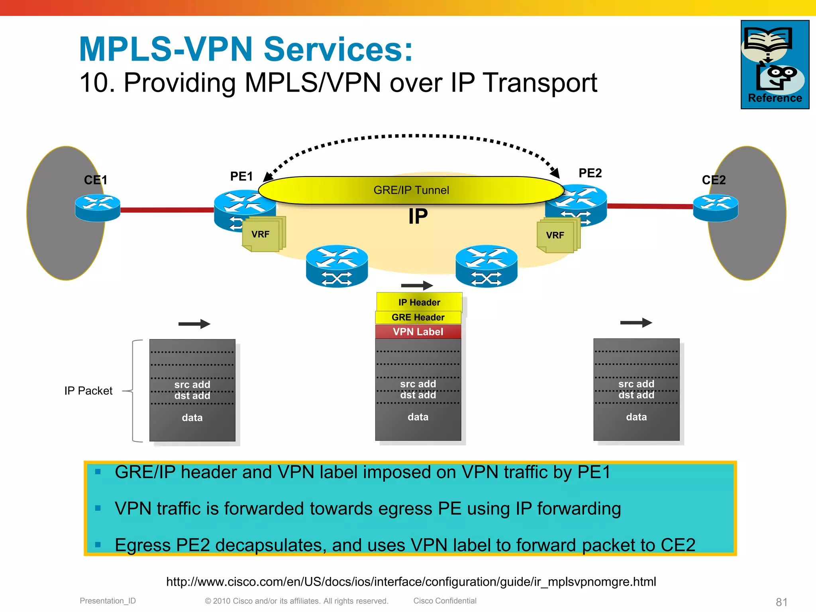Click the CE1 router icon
tap(98, 207)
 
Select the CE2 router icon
tap(716, 207)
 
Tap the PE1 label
tap(241, 176)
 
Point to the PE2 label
tap(590, 173)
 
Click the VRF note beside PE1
tap(261, 234)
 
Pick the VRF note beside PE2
tap(555, 235)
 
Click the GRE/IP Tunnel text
tap(411, 190)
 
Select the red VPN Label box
tap(418, 331)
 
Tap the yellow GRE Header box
tap(418, 317)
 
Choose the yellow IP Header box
tap(419, 302)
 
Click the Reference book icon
tap(775, 64)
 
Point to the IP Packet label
tap(88, 390)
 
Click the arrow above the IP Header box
tap(417, 285)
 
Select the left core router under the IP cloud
tap(337, 266)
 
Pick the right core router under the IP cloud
tap(486, 266)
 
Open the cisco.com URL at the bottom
tap(411, 582)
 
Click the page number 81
tap(781, 602)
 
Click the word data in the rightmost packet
tap(636, 417)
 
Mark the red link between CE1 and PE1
tap(167, 210)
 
